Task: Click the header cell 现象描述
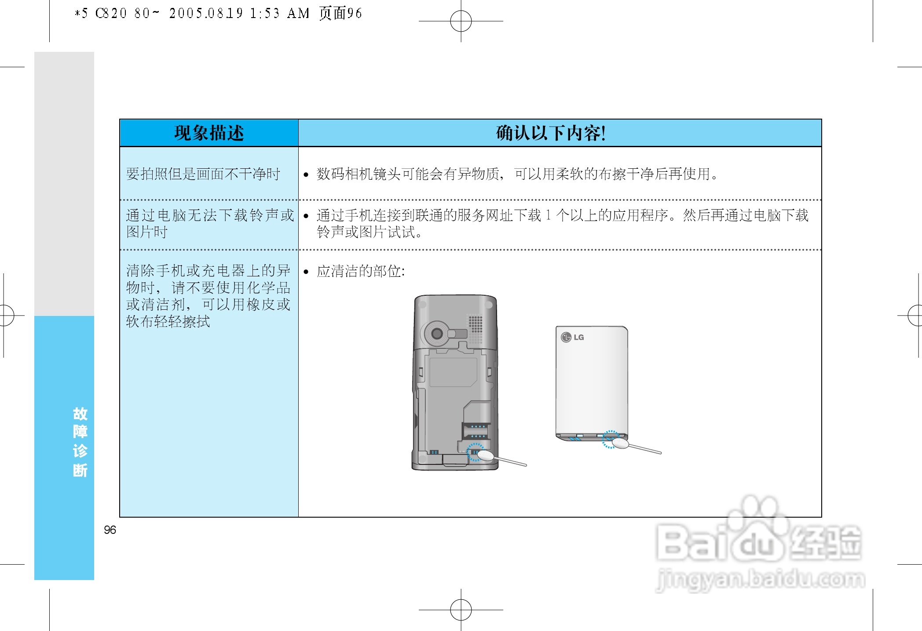pos(209,133)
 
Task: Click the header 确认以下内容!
pos(551,133)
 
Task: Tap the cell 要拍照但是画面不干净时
pos(203,174)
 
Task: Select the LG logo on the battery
pos(572,337)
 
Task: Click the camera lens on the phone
pos(437,333)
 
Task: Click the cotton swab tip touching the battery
pos(620,443)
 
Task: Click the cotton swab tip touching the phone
pos(485,456)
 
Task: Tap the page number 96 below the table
pos(110,530)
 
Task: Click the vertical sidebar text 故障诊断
pos(80,442)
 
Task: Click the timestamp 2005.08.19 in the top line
pos(206,13)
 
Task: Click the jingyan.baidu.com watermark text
pos(760,579)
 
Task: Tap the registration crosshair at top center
pos(461,21)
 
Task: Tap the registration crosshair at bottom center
pos(461,610)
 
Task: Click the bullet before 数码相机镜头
pos(306,175)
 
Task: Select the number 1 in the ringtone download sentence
pos(548,215)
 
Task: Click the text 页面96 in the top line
pos(340,13)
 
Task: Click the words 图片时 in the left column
pos(147,232)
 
